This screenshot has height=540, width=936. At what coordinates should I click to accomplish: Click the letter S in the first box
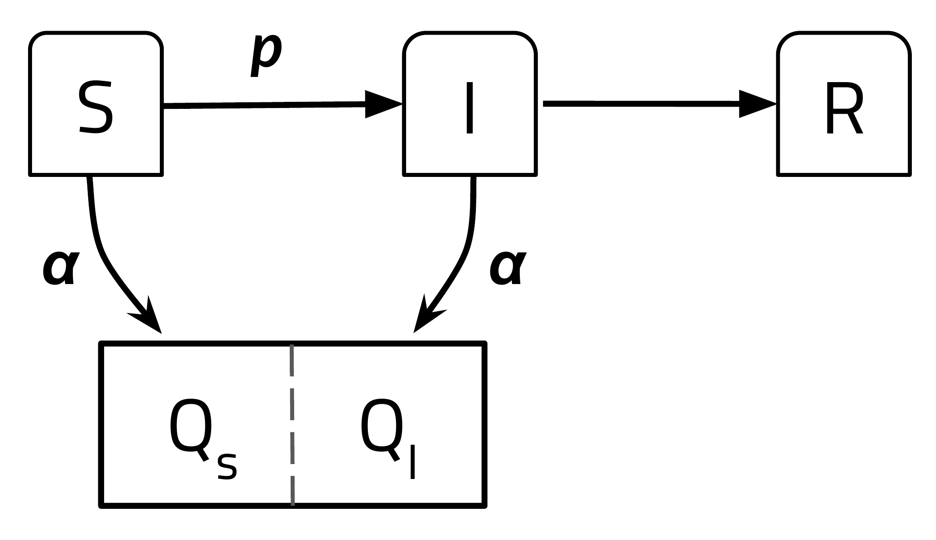pos(96,107)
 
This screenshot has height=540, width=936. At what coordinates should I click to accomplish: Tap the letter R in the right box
pos(843,108)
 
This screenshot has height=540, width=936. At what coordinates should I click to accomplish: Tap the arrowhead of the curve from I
pos(426,317)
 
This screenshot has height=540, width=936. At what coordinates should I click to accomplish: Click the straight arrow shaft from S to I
pos(263,105)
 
